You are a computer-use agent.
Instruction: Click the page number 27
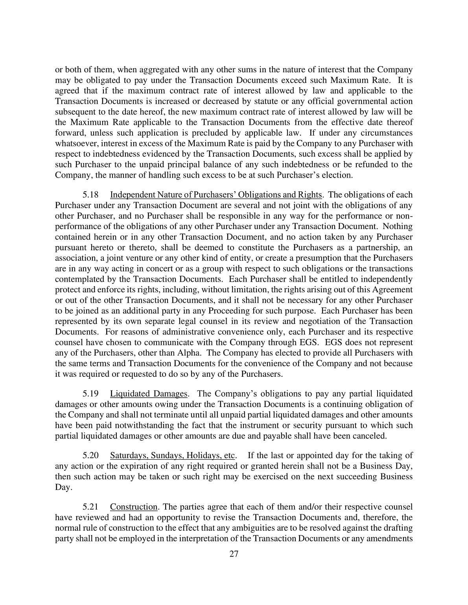pos(234,554)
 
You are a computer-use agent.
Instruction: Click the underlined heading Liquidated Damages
pos(148,394)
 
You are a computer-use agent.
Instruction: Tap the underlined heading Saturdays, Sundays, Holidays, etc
pos(172,456)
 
